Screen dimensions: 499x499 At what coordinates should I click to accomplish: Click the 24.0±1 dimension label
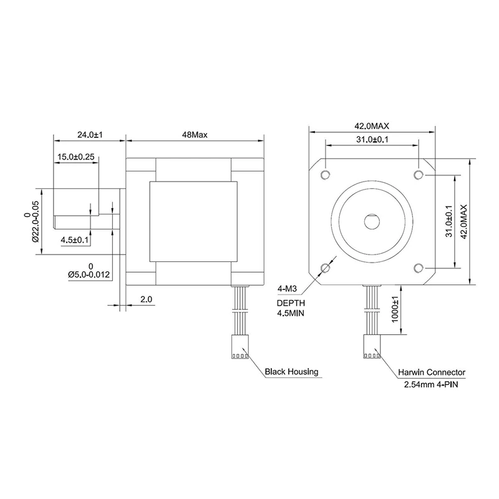(x=89, y=134)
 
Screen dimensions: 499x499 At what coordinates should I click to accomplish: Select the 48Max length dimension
(x=195, y=134)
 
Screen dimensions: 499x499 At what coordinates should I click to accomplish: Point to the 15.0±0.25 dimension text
(x=75, y=157)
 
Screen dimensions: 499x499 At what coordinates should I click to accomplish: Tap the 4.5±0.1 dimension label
(x=75, y=240)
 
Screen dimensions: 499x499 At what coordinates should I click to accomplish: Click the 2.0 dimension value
(x=147, y=299)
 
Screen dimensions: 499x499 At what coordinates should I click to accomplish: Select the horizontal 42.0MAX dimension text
(x=372, y=126)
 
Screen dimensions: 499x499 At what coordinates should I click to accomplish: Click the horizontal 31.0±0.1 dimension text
(x=372, y=140)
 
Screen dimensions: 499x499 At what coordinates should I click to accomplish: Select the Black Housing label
(x=291, y=372)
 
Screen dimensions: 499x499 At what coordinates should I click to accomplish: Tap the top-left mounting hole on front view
(x=325, y=173)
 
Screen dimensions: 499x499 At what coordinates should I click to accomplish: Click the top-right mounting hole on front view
(x=419, y=173)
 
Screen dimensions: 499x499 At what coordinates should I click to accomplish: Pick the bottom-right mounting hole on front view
(x=419, y=268)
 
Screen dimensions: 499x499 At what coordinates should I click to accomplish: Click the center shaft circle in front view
(x=372, y=221)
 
